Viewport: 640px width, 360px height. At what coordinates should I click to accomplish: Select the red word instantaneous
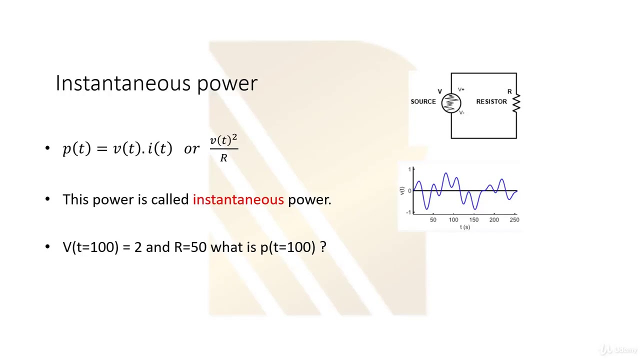click(x=238, y=199)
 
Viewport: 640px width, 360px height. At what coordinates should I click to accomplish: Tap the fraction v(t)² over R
click(x=223, y=148)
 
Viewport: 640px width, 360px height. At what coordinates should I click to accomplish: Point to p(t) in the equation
click(x=76, y=148)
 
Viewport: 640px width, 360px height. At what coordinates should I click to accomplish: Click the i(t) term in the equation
click(x=159, y=148)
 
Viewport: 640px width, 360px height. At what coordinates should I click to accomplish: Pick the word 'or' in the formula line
click(x=191, y=149)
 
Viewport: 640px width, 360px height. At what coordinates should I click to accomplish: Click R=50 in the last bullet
click(x=190, y=247)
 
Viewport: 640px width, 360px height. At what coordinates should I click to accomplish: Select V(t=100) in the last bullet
click(x=90, y=247)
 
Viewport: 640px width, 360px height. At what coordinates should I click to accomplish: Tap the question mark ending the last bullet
click(x=323, y=247)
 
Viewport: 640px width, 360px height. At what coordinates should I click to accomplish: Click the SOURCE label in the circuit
click(x=423, y=101)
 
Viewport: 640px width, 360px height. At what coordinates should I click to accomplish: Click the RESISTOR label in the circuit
click(x=491, y=101)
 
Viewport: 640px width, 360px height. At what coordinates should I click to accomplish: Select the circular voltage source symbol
click(x=451, y=103)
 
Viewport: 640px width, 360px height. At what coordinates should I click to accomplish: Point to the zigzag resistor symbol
click(x=516, y=102)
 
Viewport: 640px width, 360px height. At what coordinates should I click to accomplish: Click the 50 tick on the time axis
click(x=433, y=219)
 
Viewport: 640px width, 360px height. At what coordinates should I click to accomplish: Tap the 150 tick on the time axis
click(x=473, y=219)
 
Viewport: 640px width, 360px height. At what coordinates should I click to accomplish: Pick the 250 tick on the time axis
click(x=514, y=219)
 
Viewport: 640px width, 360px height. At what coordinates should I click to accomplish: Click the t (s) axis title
click(x=465, y=227)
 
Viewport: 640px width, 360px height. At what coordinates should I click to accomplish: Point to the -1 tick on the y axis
click(x=409, y=212)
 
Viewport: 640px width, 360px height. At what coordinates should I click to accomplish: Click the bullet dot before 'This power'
click(x=47, y=199)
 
